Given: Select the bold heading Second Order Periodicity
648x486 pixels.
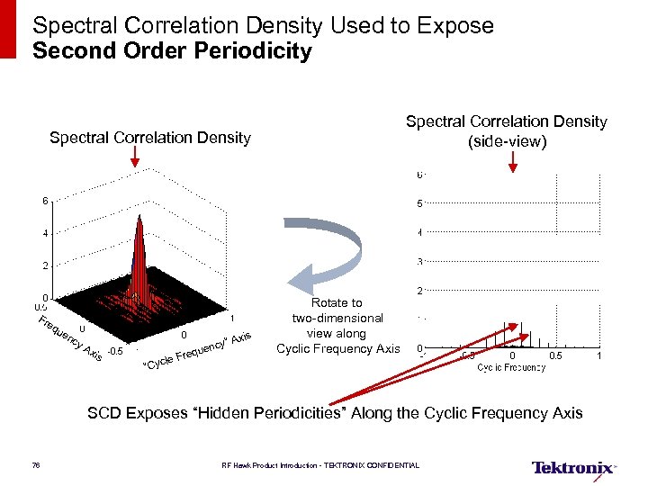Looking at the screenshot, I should click(x=172, y=51).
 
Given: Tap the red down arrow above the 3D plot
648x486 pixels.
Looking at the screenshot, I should click(x=135, y=158).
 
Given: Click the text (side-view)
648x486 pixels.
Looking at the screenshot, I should click(x=507, y=141).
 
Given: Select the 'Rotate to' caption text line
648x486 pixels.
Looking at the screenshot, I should click(x=337, y=302).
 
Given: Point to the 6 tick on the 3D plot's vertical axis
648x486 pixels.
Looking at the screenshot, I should click(x=42, y=201).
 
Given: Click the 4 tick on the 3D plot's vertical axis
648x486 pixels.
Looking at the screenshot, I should click(x=42, y=233).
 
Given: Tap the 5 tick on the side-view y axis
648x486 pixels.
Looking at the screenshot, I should click(x=419, y=203).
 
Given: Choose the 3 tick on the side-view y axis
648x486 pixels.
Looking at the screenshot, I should click(x=419, y=262).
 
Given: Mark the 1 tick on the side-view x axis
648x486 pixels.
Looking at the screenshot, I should click(x=598, y=356).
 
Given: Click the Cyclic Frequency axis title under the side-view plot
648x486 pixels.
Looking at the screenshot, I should click(x=511, y=367).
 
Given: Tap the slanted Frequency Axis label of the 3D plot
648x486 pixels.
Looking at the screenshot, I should click(x=68, y=339).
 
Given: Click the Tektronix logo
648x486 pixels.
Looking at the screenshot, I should click(x=573, y=468).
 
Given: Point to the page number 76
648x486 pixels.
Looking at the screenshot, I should click(x=36, y=465).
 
